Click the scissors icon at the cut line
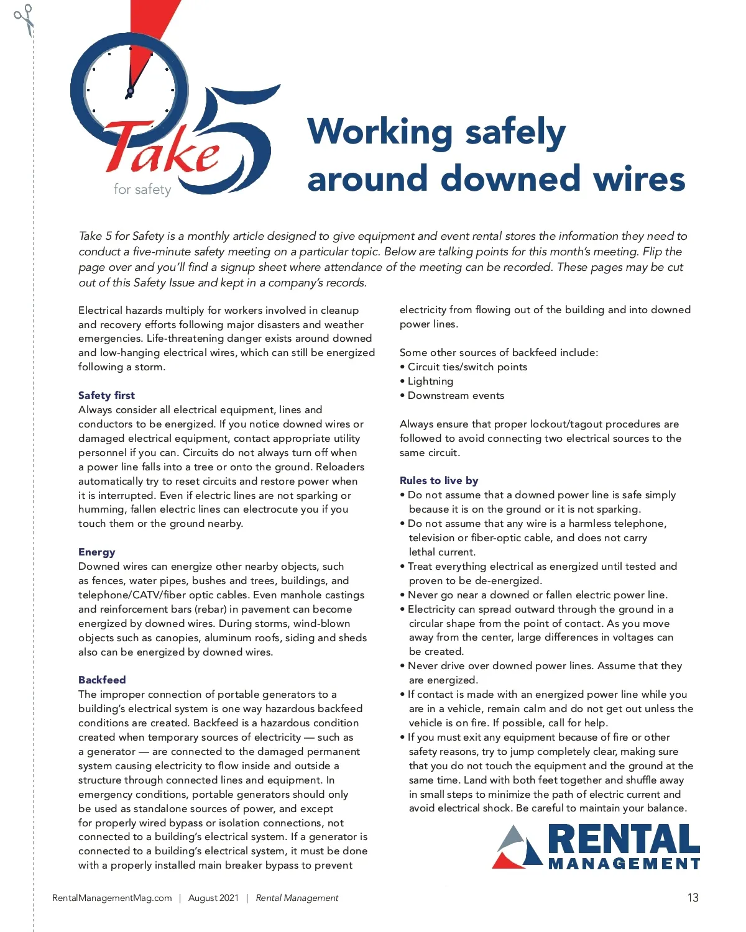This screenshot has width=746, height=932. pos(24,19)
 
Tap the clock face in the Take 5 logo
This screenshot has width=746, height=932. pos(129,91)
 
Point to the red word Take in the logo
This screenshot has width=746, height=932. pos(163,149)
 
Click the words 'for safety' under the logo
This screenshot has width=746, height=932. pos(142,189)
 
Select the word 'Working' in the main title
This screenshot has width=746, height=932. pos(380,132)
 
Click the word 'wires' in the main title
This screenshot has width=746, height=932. pos(639,179)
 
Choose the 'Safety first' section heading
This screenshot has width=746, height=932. pos(106,395)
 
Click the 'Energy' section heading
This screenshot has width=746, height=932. pos(96,552)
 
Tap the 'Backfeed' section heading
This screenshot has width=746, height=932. pos(102,680)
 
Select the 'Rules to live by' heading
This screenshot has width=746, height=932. pos(439,480)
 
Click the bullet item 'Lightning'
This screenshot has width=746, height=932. pos(430,381)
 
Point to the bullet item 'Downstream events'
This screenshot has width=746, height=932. pos(455,396)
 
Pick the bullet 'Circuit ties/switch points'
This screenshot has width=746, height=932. pos(466,367)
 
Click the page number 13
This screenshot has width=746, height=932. pos(693,898)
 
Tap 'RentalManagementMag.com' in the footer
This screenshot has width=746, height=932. pos(112,898)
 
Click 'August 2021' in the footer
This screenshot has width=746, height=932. pos(213,898)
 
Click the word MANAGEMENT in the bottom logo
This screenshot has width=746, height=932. pos(624,864)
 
